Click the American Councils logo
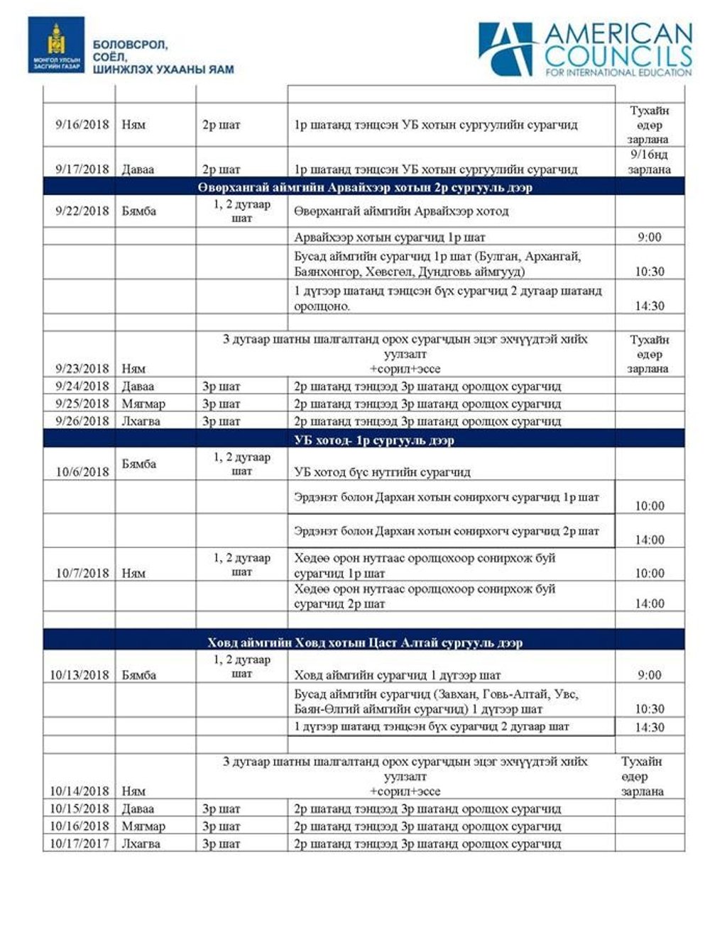coord(584,49)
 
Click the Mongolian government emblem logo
coord(56,45)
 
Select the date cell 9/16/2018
coord(82,125)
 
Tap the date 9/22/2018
coord(82,211)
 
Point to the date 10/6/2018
coord(82,472)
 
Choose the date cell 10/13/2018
coord(80,674)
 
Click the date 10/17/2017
coord(80,843)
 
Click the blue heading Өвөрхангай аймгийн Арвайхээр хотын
coord(364,188)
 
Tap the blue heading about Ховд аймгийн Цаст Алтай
coord(364,643)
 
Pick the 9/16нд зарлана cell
coord(649,162)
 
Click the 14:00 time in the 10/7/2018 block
coord(650,604)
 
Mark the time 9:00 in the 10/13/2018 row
coord(650,674)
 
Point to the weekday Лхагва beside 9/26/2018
coord(141,421)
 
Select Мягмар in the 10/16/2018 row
coord(143,826)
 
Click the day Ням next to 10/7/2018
coord(133,573)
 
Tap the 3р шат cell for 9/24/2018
coord(221,387)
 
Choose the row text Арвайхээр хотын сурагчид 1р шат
coord(390,237)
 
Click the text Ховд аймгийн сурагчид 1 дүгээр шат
coord(397,675)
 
